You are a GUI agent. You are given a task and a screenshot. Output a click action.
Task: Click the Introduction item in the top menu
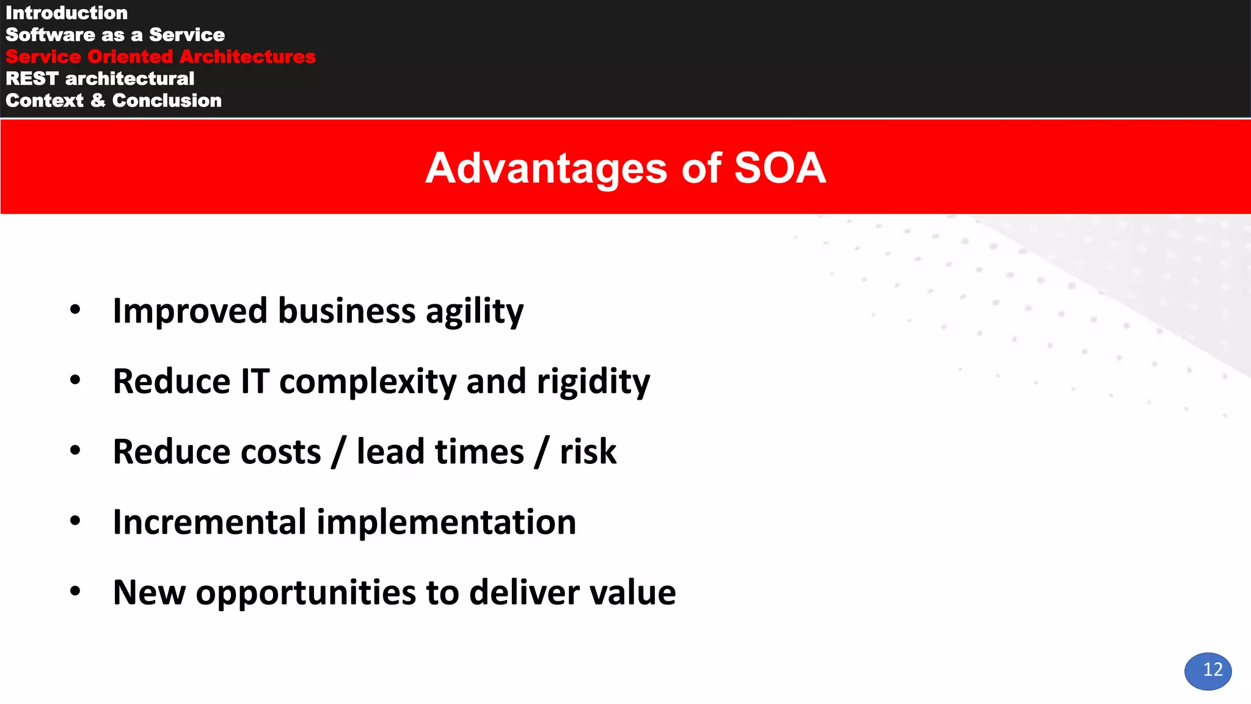[67, 13]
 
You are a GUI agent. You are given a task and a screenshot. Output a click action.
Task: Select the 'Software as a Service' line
[115, 35]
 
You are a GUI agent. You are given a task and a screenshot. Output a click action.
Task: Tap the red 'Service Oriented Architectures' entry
[161, 57]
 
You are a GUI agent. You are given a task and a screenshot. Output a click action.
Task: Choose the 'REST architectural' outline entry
[100, 79]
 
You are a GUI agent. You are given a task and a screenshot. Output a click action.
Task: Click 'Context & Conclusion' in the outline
[114, 101]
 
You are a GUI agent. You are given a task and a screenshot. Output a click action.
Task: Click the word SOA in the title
[779, 168]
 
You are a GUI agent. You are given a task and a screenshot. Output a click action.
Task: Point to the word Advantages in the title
[546, 168]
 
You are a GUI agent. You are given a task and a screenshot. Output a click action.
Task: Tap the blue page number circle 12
[1208, 671]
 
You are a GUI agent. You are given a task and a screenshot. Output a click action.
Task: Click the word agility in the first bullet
[474, 312]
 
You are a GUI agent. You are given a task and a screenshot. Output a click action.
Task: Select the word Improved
[190, 312]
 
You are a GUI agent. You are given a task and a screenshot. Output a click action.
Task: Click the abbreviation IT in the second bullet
[255, 382]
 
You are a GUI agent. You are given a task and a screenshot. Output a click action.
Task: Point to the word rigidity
[593, 382]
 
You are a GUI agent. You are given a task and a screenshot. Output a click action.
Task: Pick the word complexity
[368, 382]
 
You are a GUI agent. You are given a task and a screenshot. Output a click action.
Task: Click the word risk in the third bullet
[588, 452]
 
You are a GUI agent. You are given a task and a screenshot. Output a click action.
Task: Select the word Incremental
[210, 522]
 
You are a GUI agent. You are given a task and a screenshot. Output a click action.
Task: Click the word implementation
[446, 522]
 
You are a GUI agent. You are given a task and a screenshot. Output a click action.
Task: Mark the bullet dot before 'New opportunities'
[75, 591]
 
